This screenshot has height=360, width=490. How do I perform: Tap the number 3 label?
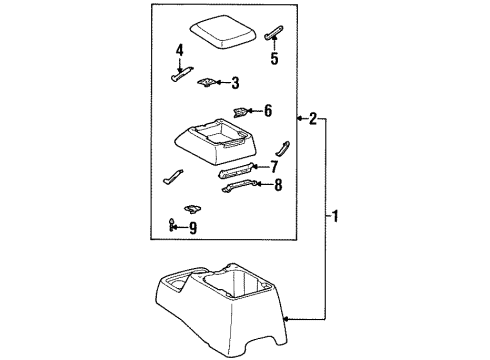(234, 83)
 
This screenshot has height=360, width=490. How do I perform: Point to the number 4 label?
(179, 49)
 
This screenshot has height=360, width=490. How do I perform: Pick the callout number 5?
(274, 58)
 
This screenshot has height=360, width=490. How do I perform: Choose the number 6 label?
(267, 111)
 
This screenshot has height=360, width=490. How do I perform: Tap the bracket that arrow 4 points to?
(182, 73)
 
